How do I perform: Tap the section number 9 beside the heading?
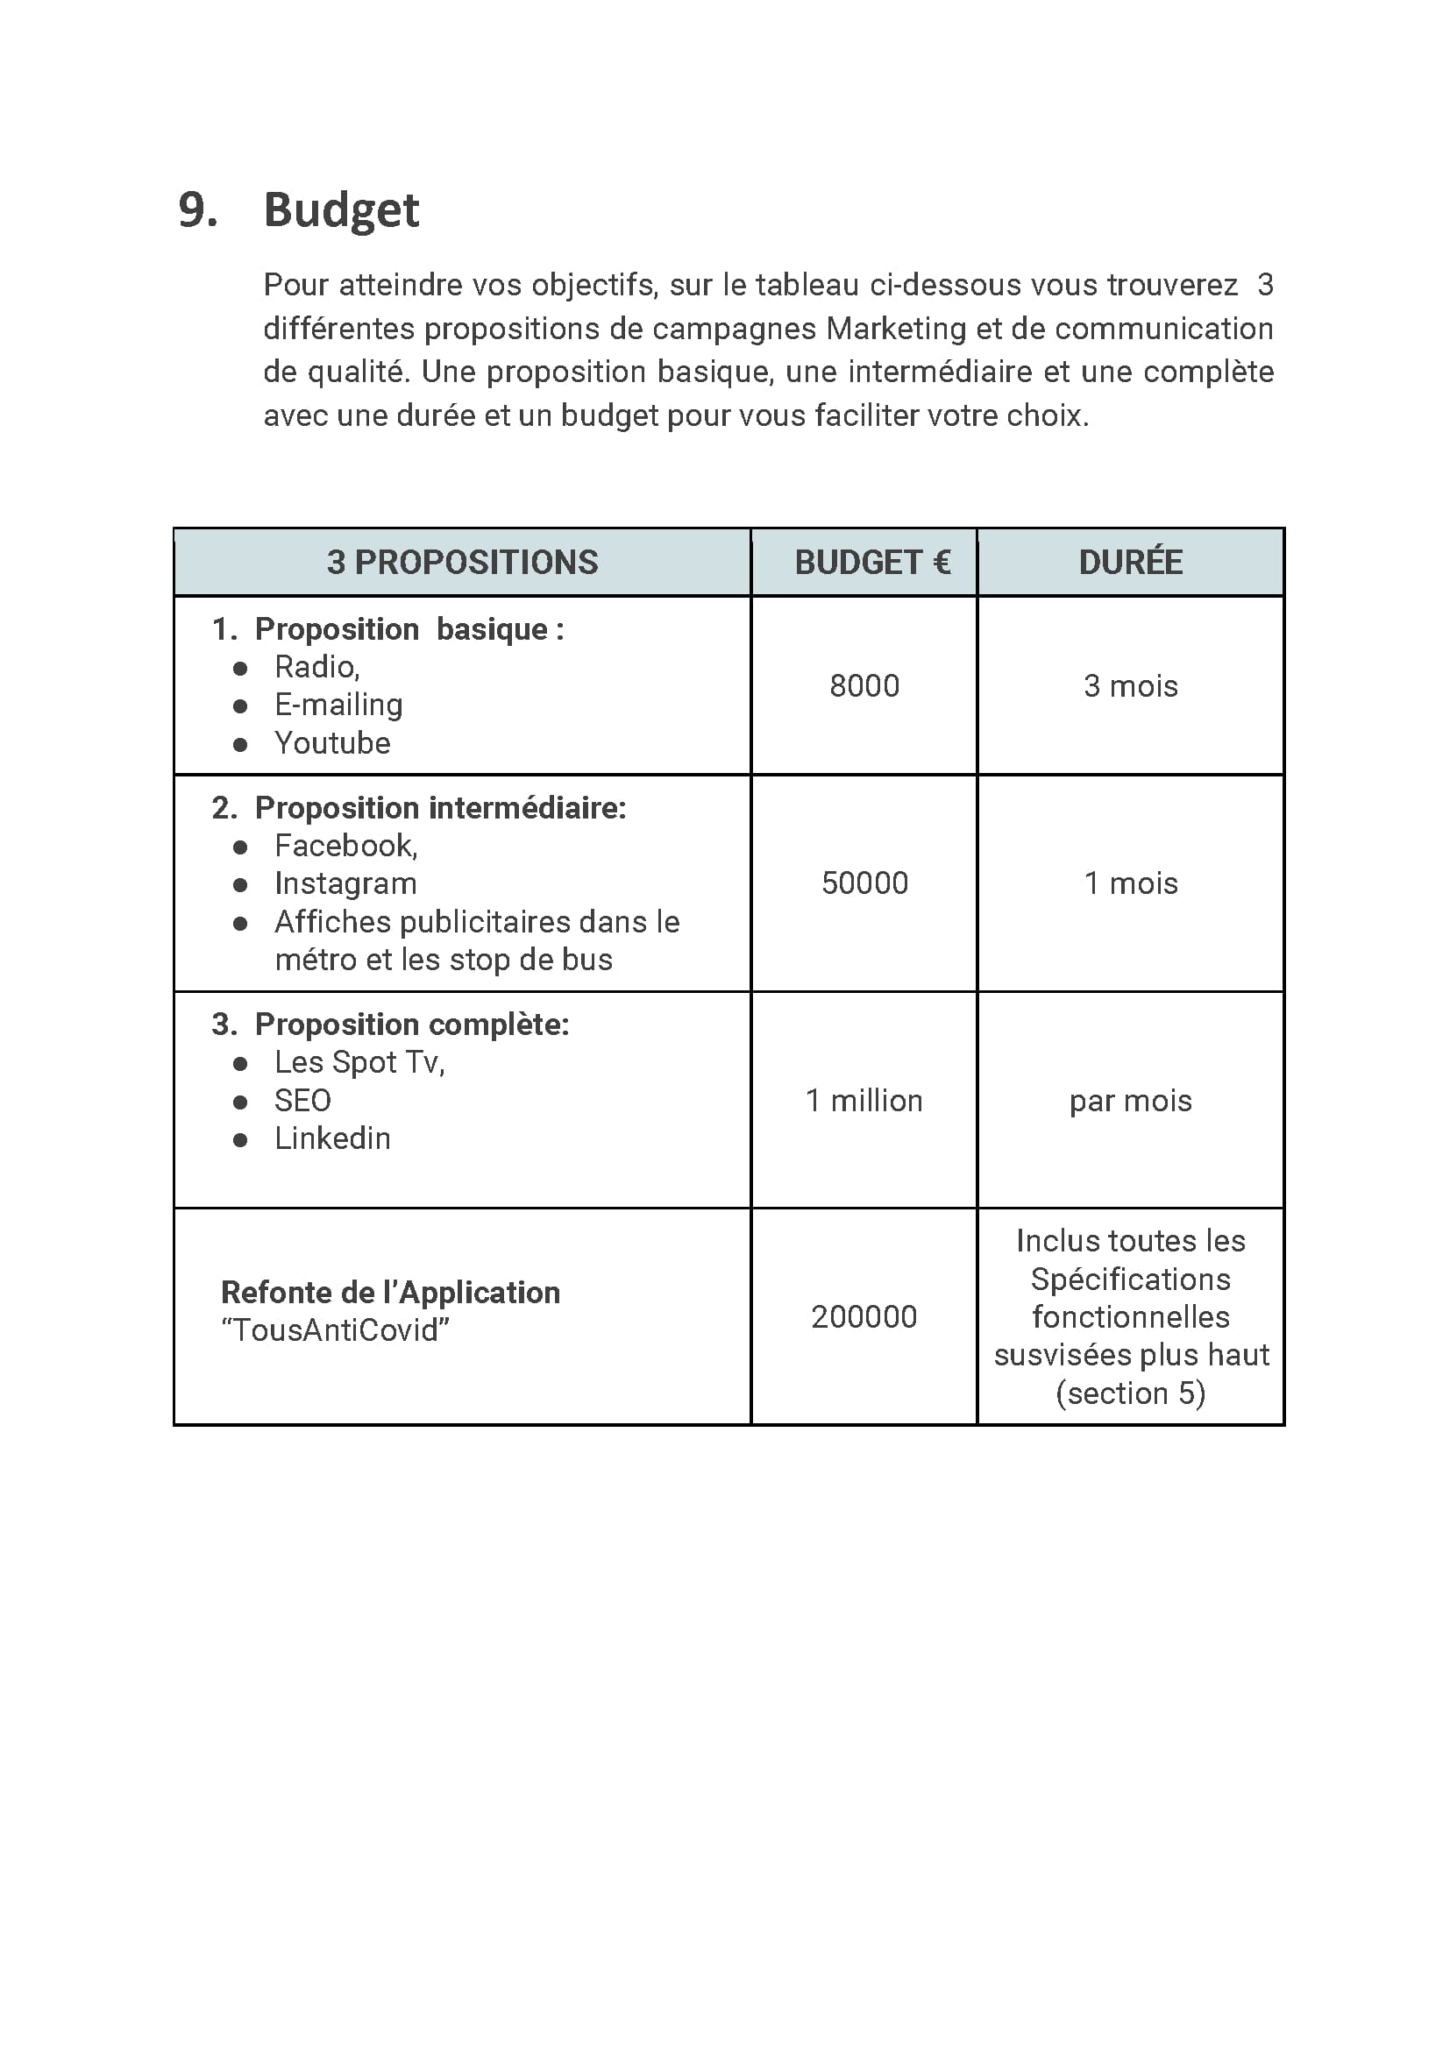(195, 210)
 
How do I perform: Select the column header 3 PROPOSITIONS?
(462, 563)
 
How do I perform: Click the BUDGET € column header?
(872, 563)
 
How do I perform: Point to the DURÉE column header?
(1129, 563)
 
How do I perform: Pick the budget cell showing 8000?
(864, 685)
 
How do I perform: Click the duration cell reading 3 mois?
(1129, 685)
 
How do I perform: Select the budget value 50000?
(864, 883)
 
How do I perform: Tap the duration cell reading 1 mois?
(1129, 883)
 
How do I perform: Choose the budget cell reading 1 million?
(864, 1101)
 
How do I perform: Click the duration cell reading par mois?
(1129, 1101)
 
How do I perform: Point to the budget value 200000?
(864, 1316)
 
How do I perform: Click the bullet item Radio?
(316, 667)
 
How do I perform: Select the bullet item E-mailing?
(338, 705)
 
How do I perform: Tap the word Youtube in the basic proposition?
(332, 742)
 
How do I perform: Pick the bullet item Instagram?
(345, 883)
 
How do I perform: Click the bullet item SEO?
(302, 1101)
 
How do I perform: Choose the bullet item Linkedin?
(332, 1138)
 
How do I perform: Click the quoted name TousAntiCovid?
(335, 1329)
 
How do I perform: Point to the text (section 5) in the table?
(1129, 1393)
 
